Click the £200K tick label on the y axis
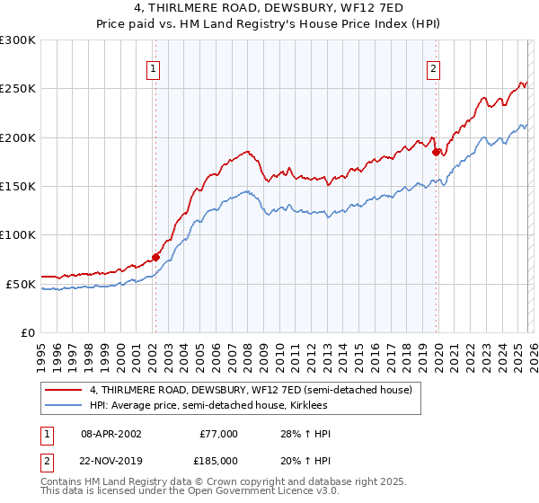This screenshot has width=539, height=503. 18,137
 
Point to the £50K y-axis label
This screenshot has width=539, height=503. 21,284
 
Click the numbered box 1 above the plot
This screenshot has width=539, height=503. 155,68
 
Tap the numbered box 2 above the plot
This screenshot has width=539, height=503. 433,68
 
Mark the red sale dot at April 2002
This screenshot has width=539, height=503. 155,257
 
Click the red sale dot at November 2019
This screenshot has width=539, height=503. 436,152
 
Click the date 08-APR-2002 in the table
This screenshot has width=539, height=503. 110,434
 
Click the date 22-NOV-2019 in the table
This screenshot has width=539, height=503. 110,460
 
